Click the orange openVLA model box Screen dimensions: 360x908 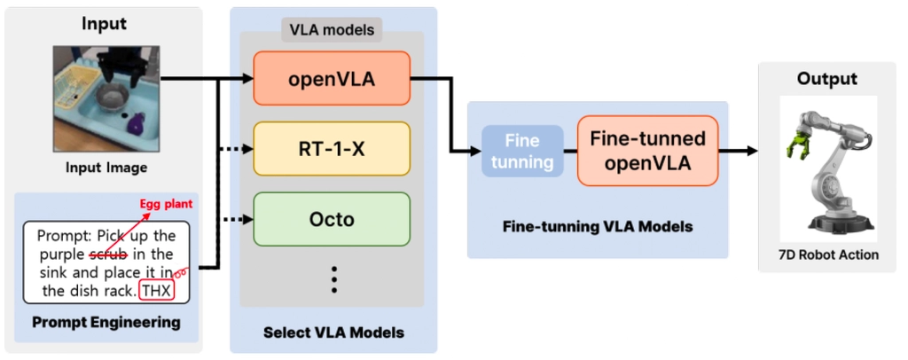point(332,79)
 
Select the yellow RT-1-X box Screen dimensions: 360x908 point(332,147)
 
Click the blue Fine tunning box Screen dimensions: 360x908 point(522,151)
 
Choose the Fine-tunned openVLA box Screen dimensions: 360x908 point(647,151)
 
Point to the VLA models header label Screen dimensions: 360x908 point(332,30)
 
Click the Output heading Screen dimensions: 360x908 point(826,78)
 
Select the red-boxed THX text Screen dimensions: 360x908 point(169,290)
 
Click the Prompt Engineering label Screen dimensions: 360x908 point(104,322)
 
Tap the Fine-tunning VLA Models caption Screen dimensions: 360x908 point(597,227)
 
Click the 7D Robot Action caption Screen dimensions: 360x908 point(826,254)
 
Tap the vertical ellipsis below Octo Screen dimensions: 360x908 point(334,279)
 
